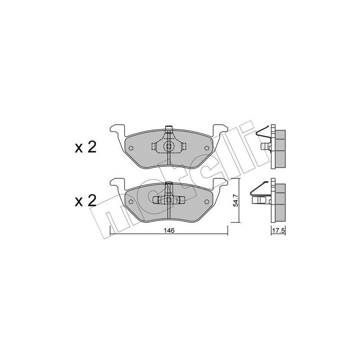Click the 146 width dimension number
[169, 229]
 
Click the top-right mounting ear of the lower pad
[222, 183]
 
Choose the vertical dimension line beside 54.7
[237, 200]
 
